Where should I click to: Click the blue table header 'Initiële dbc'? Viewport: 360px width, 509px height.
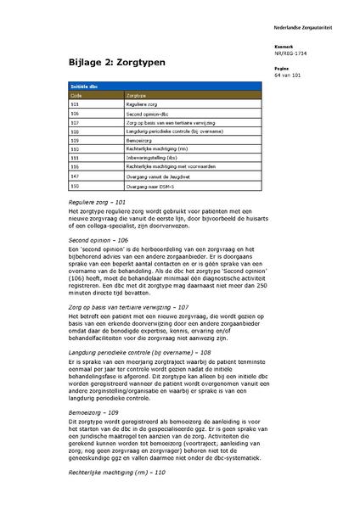coord(82,87)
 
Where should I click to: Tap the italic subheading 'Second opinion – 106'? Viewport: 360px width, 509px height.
coord(98,240)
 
